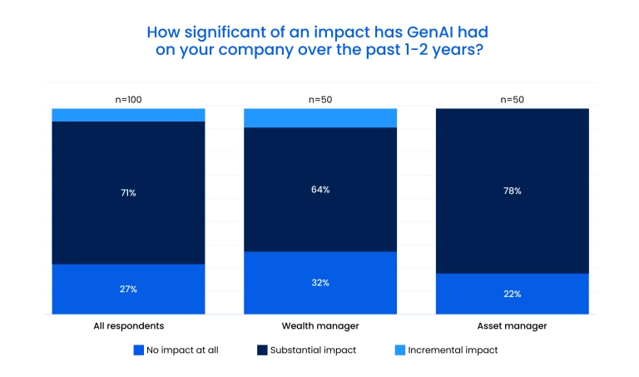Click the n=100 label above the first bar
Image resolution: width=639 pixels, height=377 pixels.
[128, 99]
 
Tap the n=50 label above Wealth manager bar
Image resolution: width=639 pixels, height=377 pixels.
[320, 99]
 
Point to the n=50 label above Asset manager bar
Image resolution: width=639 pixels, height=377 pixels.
[513, 99]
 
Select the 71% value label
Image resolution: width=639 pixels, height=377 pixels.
[128, 192]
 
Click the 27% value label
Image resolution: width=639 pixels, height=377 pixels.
[128, 289]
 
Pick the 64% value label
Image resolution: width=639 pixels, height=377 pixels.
[320, 189]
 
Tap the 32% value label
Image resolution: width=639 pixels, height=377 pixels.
[320, 282]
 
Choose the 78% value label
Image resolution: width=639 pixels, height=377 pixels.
[513, 191]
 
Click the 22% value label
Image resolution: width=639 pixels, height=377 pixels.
[513, 294]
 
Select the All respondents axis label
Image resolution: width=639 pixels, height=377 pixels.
[128, 325]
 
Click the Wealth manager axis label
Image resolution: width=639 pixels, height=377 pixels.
[320, 325]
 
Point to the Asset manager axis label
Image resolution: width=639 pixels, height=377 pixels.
[513, 325]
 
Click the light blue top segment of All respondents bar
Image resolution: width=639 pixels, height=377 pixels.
[128, 115]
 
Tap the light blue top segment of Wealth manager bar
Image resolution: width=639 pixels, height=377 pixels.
[320, 117]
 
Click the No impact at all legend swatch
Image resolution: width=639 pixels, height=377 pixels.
[138, 350]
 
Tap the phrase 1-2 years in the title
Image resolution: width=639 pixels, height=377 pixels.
[436, 50]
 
